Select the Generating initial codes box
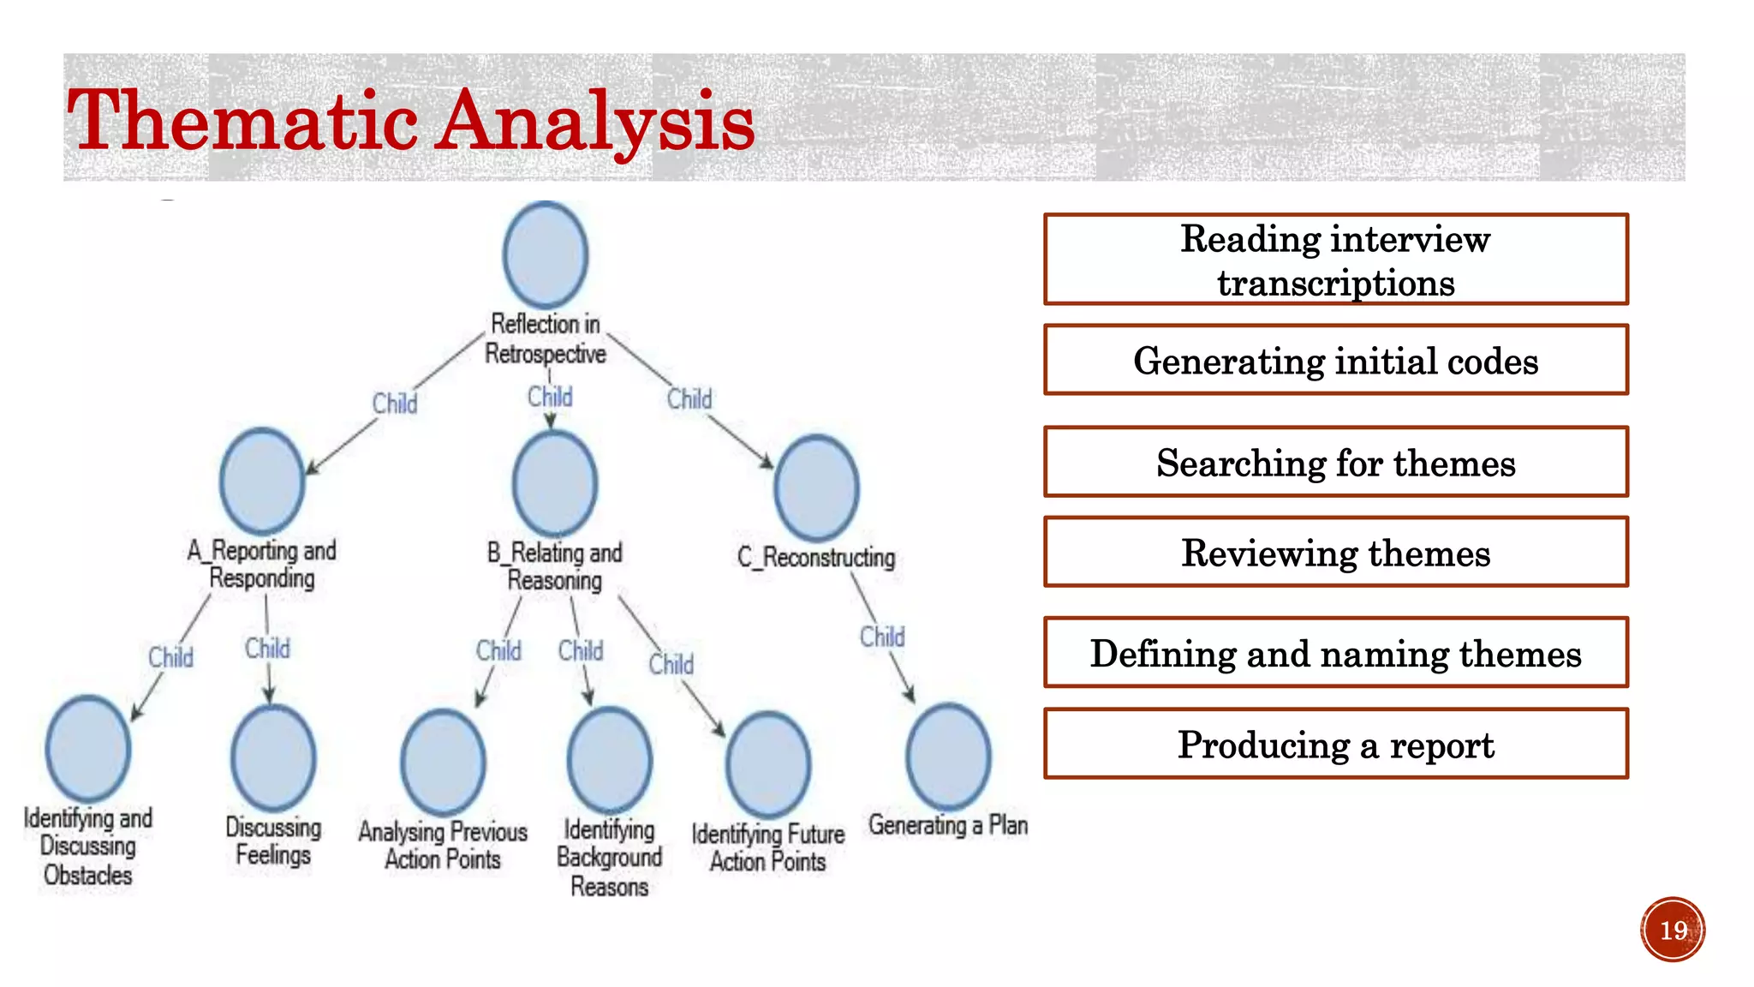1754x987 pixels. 1335,360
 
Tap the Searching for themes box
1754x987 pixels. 1335,462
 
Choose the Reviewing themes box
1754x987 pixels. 1335,552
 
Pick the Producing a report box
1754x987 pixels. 1335,744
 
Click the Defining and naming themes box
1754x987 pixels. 1335,653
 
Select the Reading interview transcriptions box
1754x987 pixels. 1335,260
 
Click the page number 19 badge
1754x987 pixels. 1673,930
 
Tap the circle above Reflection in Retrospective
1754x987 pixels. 546,254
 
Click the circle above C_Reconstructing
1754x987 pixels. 816,488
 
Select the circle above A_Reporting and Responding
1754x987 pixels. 262,481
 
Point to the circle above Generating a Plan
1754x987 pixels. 948,757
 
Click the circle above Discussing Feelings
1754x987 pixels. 273,758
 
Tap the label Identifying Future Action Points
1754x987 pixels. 768,847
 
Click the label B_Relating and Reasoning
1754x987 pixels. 555,566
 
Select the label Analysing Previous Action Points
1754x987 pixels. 443,845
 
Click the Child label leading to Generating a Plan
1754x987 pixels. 882,637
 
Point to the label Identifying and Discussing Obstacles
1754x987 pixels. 88,846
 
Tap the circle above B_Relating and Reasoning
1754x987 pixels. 555,483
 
